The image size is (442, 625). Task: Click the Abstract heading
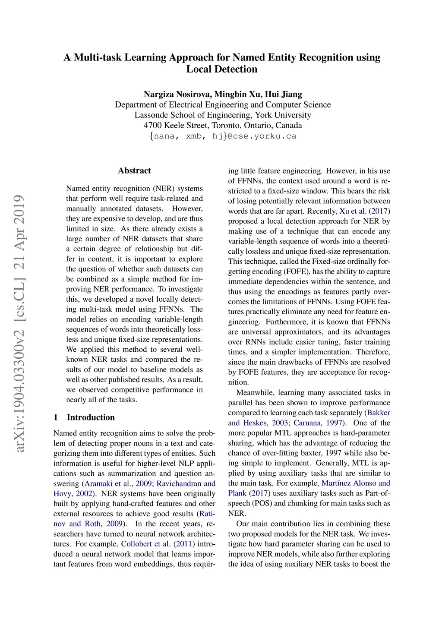tap(134, 170)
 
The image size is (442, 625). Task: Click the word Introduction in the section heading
tap(91, 417)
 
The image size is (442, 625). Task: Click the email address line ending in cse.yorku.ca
tap(223, 136)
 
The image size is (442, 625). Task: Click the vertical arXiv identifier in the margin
tap(19, 324)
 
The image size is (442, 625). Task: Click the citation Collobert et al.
tap(145, 544)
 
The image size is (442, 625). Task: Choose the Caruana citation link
tap(307, 423)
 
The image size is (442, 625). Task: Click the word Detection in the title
tap(234, 69)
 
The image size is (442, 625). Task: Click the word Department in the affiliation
tap(136, 105)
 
